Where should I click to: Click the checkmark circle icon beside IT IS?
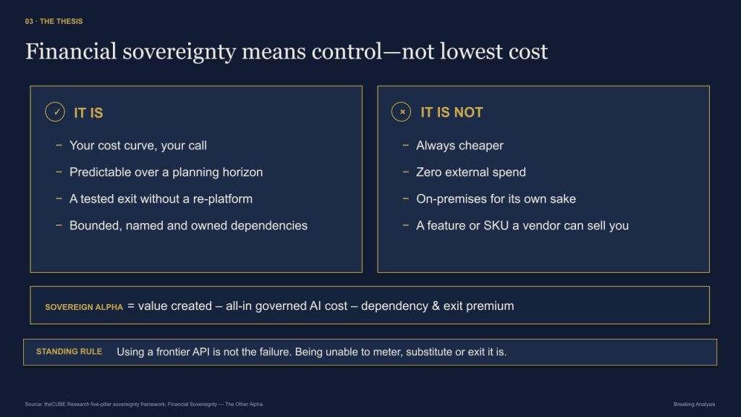(55, 112)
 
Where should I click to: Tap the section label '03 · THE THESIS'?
(54, 21)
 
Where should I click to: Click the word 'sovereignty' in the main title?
(179, 52)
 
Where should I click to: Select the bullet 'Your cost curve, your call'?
(138, 145)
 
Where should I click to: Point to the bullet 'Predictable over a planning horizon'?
(166, 172)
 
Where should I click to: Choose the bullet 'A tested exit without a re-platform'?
(161, 198)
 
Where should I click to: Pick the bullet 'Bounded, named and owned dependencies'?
(188, 226)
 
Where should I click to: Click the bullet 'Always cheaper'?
(460, 145)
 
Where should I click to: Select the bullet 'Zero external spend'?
(470, 172)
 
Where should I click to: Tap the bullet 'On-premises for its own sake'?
(496, 198)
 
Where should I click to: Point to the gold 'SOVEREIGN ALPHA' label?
(84, 307)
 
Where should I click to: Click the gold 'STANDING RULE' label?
(69, 352)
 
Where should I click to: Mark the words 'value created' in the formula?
(175, 306)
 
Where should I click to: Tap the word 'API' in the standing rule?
(201, 352)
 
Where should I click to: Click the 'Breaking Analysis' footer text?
(694, 404)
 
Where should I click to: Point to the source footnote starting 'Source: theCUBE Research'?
(145, 404)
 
